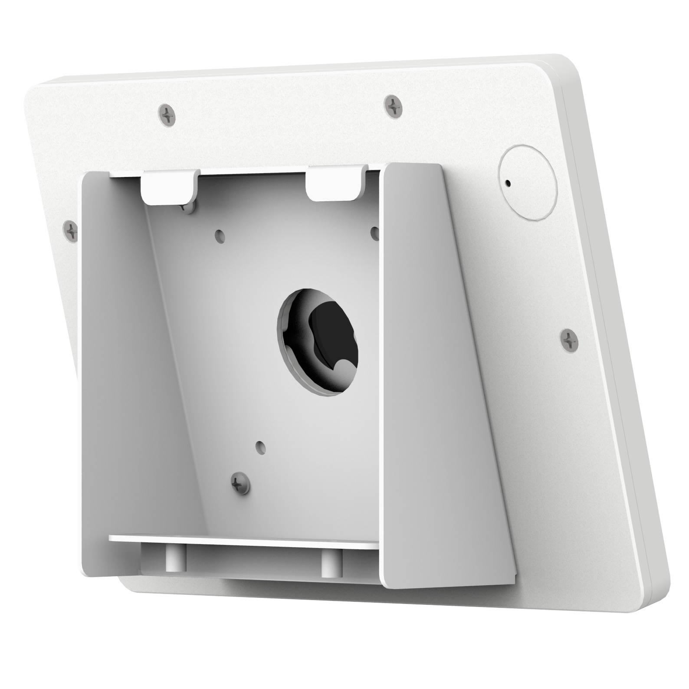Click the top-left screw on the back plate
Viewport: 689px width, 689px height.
(167, 115)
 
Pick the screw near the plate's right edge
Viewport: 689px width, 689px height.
(569, 339)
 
